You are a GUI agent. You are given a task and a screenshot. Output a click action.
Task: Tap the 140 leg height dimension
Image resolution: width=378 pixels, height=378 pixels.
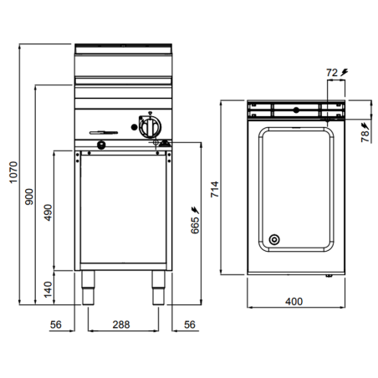click(48, 289)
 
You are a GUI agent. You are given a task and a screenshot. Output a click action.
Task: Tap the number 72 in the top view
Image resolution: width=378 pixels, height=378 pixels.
click(333, 74)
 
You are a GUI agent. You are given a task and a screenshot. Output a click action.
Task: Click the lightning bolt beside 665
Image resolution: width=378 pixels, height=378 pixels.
click(195, 207)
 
